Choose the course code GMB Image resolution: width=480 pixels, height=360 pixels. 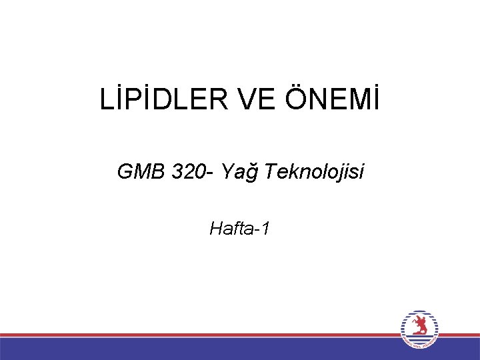click(140, 173)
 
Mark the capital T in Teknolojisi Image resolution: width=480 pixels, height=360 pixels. click(269, 173)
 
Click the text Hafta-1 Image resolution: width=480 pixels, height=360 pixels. click(240, 229)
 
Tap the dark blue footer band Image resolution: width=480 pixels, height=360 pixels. click(200, 349)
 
